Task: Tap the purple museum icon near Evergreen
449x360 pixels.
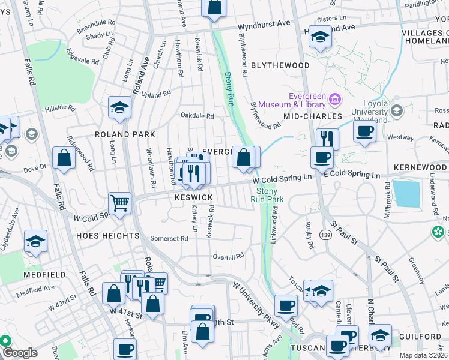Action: pos(336,98)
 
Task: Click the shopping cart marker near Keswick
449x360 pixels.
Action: pos(120,202)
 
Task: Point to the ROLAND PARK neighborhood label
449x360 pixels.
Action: pos(124,134)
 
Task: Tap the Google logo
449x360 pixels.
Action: pos(20,353)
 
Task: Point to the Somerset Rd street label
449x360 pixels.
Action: pos(169,238)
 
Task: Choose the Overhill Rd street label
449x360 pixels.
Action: pos(228,256)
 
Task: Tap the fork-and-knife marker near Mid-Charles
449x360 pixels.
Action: pos(327,139)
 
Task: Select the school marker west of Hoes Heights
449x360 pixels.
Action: pos(35,241)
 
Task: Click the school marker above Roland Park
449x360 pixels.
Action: pos(119,107)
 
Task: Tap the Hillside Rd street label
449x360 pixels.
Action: pos(60,109)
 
